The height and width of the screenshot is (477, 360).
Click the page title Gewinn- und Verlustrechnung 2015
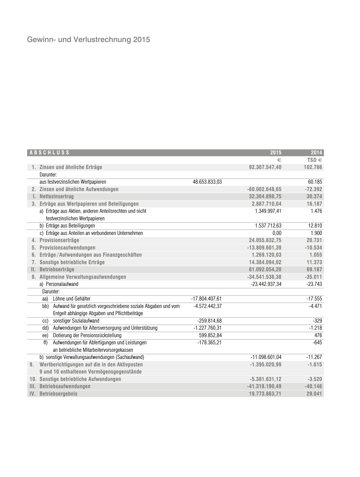(x=89, y=40)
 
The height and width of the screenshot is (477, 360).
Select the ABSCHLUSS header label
(x=49, y=153)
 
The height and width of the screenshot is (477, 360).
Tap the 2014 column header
(x=316, y=153)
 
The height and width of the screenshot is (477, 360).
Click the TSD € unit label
(x=315, y=160)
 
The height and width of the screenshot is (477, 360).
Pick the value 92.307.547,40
(x=265, y=167)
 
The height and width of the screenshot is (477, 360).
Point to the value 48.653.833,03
(x=207, y=182)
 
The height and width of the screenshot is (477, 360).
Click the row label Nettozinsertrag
(x=56, y=196)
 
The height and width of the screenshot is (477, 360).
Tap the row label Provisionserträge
(x=59, y=240)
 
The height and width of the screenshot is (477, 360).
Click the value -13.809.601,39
(x=264, y=248)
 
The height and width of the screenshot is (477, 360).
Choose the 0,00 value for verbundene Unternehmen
(x=277, y=233)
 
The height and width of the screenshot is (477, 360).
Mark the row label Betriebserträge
(x=57, y=270)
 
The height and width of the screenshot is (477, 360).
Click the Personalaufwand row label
(x=62, y=284)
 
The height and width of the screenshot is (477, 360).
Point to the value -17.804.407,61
(x=206, y=299)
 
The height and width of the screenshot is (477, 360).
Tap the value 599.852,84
(x=210, y=335)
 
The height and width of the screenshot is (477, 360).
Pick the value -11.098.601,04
(x=266, y=357)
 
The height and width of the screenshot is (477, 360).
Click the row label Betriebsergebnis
(x=58, y=394)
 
